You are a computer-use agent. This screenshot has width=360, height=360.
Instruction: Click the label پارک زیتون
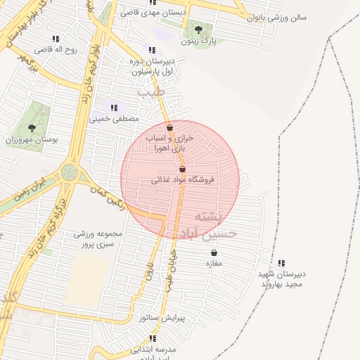pos(198,41)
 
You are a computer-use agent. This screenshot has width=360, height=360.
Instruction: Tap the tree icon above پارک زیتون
pos(199,30)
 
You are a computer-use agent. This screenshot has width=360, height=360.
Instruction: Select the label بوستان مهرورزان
pos(31,141)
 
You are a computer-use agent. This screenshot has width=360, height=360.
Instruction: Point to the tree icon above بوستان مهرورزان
pos(32,128)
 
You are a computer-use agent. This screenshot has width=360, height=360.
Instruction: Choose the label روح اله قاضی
pos(55,49)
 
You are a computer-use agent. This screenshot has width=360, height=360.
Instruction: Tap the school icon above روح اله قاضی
pos(56,39)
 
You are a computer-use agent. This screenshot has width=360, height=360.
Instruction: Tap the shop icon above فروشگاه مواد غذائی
pos(183,169)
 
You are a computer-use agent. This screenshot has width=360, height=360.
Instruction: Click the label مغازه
pos(213,264)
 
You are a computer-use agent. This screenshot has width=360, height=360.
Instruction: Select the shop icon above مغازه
pos(214,253)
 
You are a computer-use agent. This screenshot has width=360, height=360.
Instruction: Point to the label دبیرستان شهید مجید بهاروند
pos(281,279)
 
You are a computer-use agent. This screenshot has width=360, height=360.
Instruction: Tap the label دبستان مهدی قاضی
pos(153,13)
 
